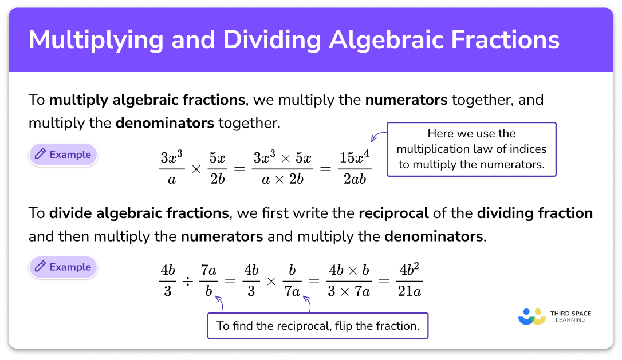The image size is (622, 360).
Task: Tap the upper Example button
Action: click(63, 155)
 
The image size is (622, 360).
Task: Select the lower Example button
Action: click(63, 267)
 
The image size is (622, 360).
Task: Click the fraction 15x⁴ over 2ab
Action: click(355, 168)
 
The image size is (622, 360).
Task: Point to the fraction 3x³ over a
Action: click(172, 168)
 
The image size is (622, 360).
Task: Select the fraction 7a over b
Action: click(208, 281)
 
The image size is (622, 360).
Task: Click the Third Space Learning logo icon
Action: click(531, 317)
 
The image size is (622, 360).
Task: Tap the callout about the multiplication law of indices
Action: click(471, 149)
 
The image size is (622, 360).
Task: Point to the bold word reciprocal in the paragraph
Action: click(393, 213)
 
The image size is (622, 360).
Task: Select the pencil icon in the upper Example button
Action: click(40, 155)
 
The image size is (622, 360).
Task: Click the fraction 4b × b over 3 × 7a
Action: click(348, 281)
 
